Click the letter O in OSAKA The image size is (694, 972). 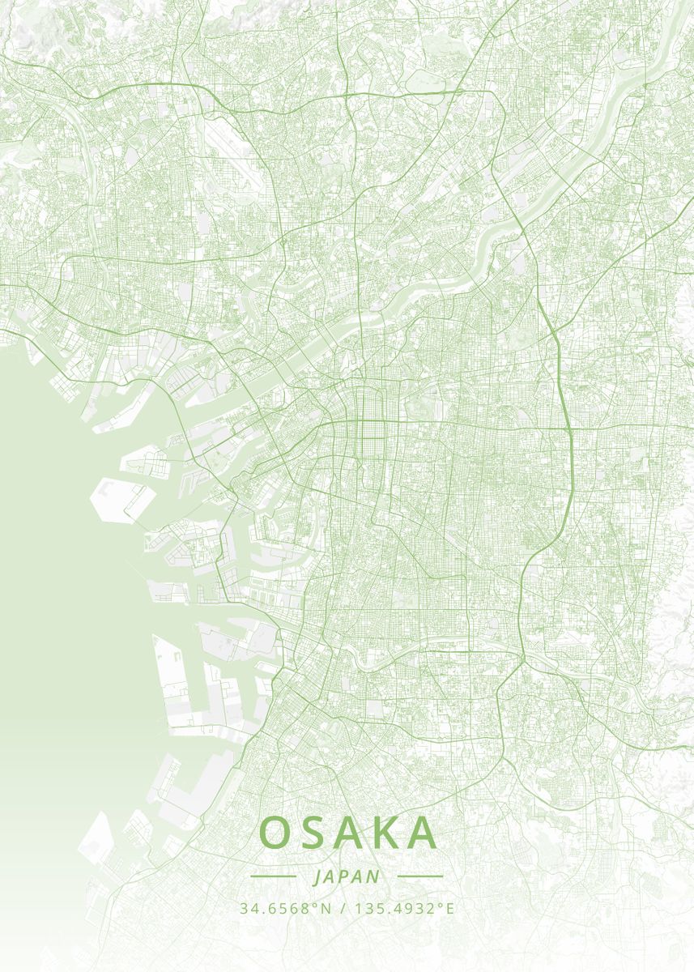275,833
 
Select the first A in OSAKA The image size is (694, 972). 349,833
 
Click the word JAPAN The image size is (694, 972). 347,876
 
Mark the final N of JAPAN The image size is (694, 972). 373,876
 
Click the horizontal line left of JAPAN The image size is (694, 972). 273,876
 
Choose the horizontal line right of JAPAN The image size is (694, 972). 420,876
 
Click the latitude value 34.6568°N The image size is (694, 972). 286,909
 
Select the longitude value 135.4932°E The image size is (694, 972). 402,909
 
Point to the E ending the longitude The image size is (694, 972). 450,909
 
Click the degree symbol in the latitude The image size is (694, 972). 317,905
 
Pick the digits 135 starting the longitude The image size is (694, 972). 364,909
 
